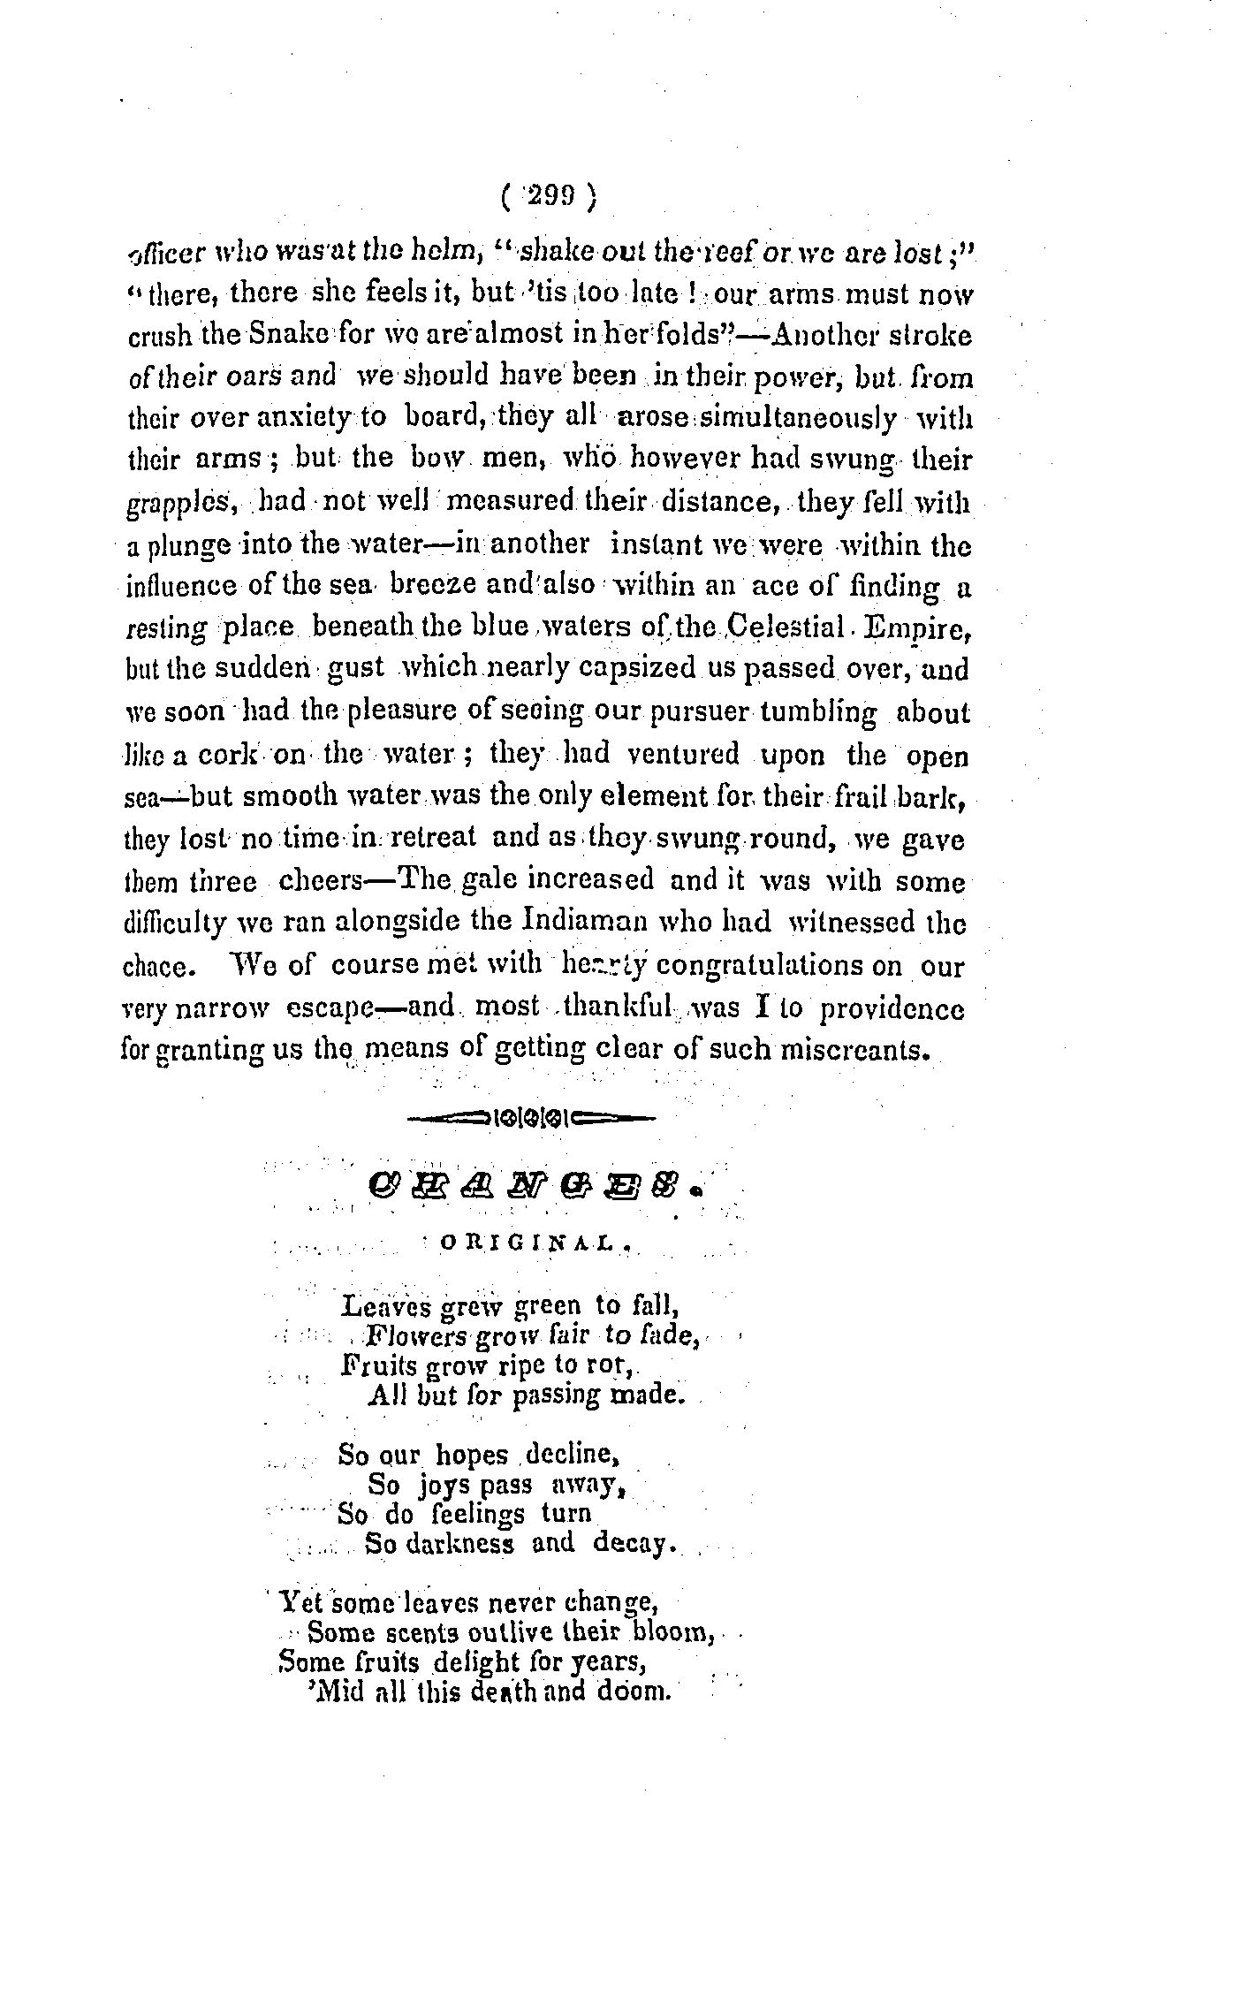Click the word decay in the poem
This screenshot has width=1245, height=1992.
[x=634, y=1543]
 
